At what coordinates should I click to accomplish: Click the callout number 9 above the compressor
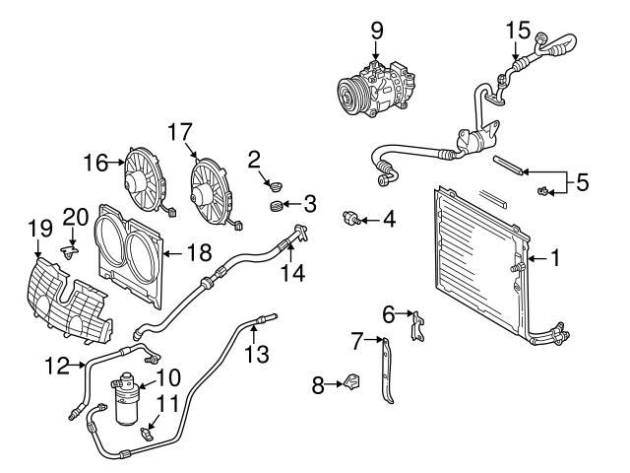(377, 31)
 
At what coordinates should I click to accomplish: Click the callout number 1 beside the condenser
(554, 259)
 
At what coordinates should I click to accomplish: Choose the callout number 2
(254, 159)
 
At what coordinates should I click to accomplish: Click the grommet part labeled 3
(277, 205)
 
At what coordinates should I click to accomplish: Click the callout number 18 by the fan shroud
(198, 252)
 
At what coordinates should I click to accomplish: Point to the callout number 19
(38, 227)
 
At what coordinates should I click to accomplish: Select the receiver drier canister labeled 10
(129, 398)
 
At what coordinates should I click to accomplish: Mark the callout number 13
(256, 354)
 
